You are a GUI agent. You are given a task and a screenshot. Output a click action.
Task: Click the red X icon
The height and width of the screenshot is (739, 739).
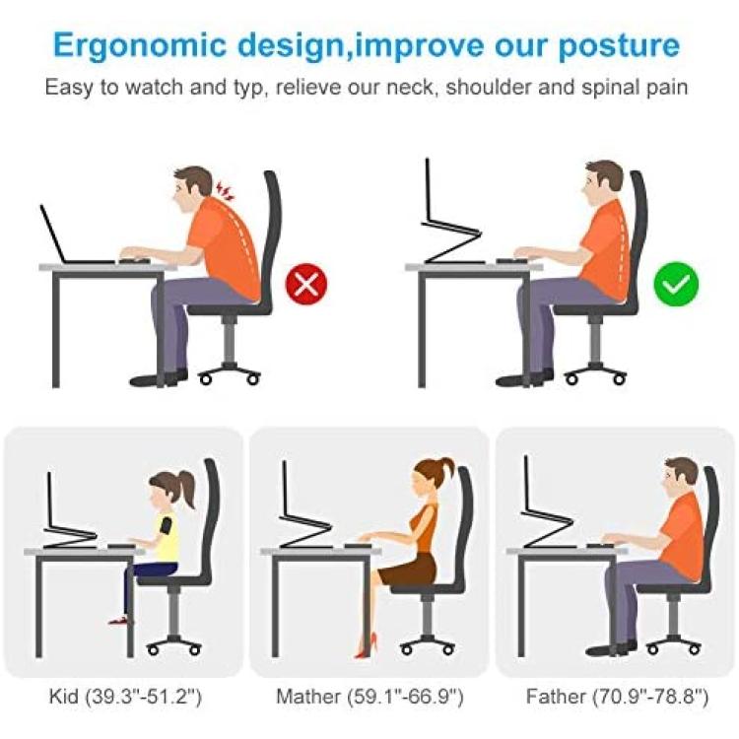[x=306, y=285]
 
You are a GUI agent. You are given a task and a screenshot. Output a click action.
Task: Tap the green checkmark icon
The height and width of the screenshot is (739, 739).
[x=676, y=284]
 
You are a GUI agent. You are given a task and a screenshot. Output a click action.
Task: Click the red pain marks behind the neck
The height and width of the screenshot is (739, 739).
[x=226, y=191]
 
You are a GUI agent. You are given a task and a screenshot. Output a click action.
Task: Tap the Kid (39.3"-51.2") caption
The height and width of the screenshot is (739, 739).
[x=125, y=696]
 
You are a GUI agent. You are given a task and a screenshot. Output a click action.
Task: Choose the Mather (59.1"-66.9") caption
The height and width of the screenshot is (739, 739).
[x=369, y=696]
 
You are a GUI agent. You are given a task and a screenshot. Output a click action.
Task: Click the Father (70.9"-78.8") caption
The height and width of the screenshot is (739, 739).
[x=617, y=696]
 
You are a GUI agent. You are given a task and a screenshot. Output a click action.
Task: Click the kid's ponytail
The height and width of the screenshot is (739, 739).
[x=186, y=489]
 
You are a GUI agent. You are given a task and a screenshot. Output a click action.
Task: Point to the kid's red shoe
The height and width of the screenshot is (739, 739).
[x=119, y=621]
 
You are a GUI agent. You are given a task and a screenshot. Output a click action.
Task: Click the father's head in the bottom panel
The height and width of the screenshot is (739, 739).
[x=680, y=478]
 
